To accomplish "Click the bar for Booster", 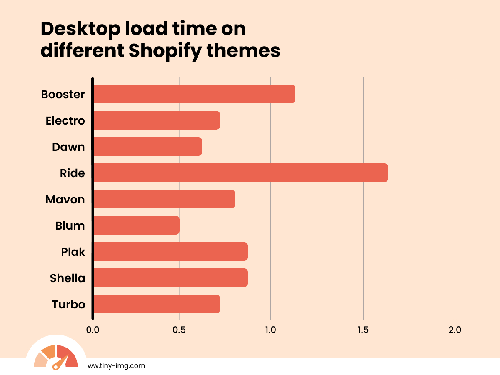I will coord(194,94).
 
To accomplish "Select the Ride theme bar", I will coord(240,173).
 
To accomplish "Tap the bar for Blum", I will coord(136,225).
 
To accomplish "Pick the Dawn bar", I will coord(147,147).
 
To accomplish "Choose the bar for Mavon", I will coord(164,199).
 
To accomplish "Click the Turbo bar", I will coord(156,304).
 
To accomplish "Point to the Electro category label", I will coord(65,121).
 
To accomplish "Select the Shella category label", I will coord(67,278).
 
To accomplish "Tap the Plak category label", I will coord(73,252).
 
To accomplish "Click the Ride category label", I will coord(72,173).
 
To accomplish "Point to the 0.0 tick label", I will coord(92,330).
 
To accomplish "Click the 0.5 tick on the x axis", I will coord(179,330).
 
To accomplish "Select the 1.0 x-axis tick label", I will coord(271,330).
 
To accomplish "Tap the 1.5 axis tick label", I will coord(363,330).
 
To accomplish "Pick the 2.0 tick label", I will coord(455,330).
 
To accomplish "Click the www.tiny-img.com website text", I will coord(116,366).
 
